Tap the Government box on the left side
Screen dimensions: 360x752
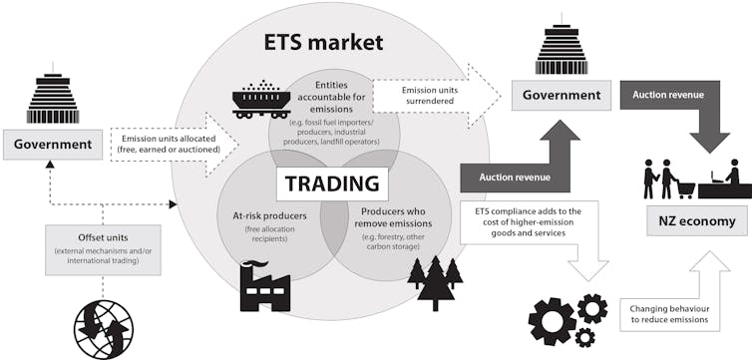[x=52, y=145]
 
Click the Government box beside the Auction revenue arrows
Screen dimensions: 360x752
[x=562, y=96]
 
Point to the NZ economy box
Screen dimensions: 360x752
[x=694, y=221]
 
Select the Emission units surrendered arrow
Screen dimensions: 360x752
[x=434, y=98]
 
